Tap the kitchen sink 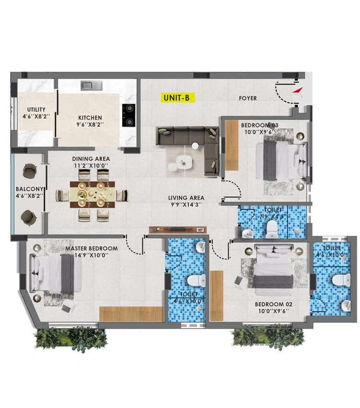click(91, 85)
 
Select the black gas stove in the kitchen click(129, 115)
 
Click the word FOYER click(248, 98)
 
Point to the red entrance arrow click(298, 92)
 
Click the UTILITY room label click(36, 109)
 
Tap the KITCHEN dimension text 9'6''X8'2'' click(90, 125)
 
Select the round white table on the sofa click(195, 146)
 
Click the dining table click(92, 194)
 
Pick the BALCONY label click(29, 189)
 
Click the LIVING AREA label click(186, 198)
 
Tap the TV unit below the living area click(178, 230)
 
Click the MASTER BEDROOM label click(91, 249)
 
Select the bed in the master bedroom click(56, 274)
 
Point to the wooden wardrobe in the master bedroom click(131, 314)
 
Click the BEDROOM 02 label click(274, 304)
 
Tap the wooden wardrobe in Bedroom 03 click(231, 145)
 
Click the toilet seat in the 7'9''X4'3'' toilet click(272, 229)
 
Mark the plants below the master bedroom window click(71, 338)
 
